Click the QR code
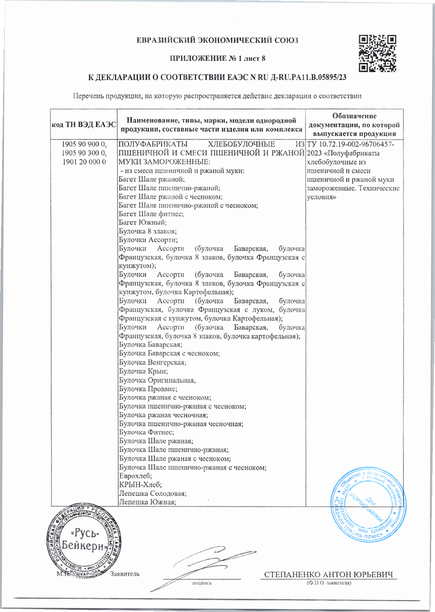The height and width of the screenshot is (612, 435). [x=377, y=53]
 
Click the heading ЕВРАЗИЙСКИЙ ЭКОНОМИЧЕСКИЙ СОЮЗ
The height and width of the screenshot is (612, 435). [x=217, y=40]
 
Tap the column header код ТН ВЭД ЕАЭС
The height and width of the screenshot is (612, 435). [x=84, y=125]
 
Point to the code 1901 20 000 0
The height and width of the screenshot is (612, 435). [x=84, y=162]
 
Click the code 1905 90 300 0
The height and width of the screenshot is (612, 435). [x=84, y=153]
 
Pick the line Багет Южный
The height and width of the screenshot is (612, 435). [x=142, y=223]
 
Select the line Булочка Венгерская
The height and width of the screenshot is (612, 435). [x=152, y=362]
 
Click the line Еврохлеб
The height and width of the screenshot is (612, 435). [x=135, y=476]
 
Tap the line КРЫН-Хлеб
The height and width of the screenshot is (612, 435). [x=140, y=485]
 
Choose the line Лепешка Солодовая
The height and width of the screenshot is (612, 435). [x=152, y=493]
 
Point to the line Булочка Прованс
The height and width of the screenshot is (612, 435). [x=148, y=389]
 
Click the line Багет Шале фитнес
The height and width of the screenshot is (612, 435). [x=151, y=214]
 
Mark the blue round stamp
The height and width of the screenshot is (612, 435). [x=369, y=503]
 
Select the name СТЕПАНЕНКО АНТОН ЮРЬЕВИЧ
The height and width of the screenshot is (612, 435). [x=328, y=575]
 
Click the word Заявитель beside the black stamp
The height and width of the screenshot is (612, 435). [x=125, y=574]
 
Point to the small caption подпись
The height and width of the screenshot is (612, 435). [x=202, y=583]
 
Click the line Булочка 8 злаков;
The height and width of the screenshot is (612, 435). [x=148, y=231]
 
